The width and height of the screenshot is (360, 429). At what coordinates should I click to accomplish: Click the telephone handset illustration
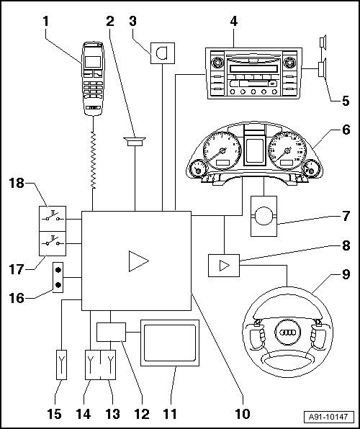(x=93, y=78)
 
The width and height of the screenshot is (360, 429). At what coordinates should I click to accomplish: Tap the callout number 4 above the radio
(x=233, y=22)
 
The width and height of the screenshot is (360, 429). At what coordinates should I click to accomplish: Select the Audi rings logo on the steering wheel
(x=287, y=332)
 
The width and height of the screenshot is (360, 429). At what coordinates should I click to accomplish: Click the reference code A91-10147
(x=328, y=417)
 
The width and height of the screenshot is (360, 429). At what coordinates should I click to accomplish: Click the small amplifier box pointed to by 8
(x=224, y=266)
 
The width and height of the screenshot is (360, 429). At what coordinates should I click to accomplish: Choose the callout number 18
(x=17, y=183)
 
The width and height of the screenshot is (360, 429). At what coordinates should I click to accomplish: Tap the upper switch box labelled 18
(x=53, y=219)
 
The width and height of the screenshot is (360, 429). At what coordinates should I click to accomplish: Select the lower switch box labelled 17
(x=53, y=243)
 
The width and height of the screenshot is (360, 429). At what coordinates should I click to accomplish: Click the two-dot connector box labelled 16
(x=58, y=277)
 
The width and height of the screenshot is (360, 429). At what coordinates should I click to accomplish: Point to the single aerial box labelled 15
(x=62, y=365)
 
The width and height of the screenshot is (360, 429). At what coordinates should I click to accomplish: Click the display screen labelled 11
(x=170, y=343)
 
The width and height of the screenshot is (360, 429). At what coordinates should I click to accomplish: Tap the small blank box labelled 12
(x=111, y=332)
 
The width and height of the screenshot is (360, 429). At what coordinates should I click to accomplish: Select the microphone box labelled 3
(x=163, y=53)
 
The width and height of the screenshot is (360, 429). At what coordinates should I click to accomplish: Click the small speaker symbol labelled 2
(x=135, y=142)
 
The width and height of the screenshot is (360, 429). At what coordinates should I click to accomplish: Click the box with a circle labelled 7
(x=264, y=216)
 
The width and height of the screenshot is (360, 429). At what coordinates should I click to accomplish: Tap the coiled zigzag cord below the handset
(x=94, y=160)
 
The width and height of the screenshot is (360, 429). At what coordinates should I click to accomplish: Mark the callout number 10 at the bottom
(x=243, y=414)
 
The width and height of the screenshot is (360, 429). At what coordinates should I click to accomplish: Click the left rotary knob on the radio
(x=217, y=63)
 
